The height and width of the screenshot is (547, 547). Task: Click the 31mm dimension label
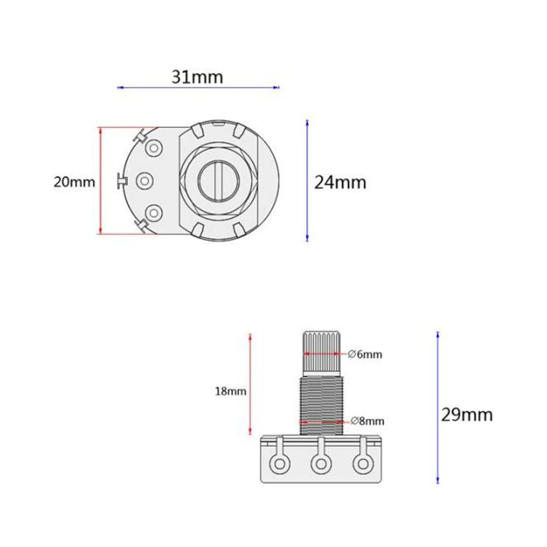tap(197, 77)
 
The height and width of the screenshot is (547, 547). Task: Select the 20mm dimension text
tap(74, 182)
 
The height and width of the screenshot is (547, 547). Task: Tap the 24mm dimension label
tap(340, 182)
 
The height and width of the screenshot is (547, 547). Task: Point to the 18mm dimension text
tap(230, 391)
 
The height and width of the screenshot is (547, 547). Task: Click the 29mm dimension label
tap(467, 415)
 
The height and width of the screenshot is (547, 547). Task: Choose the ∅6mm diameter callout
tap(365, 354)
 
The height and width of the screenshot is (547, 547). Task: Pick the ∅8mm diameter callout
tap(367, 421)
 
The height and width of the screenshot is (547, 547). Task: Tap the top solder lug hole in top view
tap(153, 148)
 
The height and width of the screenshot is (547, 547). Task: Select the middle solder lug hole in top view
tap(145, 181)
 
